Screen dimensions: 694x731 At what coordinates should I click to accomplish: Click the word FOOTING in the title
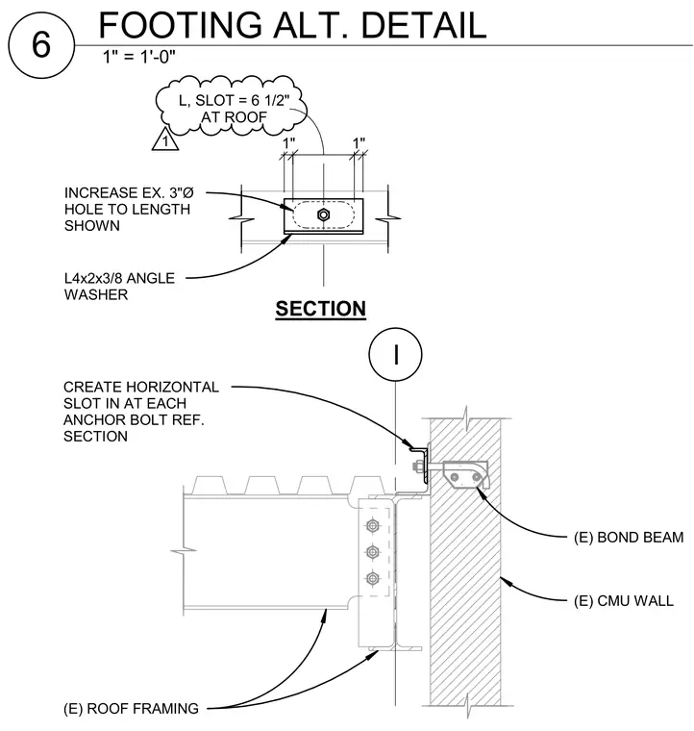(181, 25)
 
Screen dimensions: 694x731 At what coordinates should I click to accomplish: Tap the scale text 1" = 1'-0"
(138, 57)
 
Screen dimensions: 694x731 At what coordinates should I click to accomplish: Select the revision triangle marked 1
(165, 139)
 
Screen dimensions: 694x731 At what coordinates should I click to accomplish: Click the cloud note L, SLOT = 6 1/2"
(234, 100)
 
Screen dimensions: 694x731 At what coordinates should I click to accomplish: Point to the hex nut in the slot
(323, 214)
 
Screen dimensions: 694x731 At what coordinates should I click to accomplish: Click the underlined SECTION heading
(320, 309)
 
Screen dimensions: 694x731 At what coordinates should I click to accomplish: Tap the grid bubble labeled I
(395, 354)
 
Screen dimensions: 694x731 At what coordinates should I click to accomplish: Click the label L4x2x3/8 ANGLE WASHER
(119, 287)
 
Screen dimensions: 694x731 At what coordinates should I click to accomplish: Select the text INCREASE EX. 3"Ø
(129, 192)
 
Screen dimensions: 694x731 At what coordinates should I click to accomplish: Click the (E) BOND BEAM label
(629, 538)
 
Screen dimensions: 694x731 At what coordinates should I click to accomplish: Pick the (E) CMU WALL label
(623, 601)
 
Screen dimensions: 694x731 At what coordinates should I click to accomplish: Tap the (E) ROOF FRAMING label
(131, 709)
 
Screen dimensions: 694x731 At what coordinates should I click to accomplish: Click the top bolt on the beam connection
(372, 526)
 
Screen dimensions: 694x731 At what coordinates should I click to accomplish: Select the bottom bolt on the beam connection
(372, 579)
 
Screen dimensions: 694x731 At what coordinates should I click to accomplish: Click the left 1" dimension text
(288, 142)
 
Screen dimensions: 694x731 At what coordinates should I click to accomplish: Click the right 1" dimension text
(359, 142)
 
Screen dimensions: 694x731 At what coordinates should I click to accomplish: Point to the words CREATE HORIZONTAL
(141, 387)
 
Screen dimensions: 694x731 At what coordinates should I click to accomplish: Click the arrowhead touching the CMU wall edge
(507, 580)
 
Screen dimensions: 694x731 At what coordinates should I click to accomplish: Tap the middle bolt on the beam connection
(372, 552)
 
